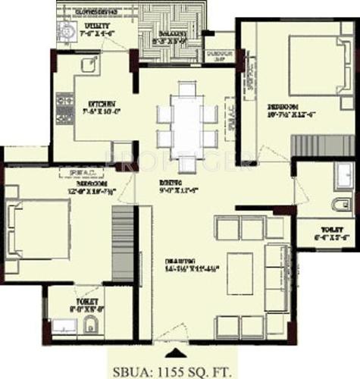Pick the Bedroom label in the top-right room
(x=281, y=106)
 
